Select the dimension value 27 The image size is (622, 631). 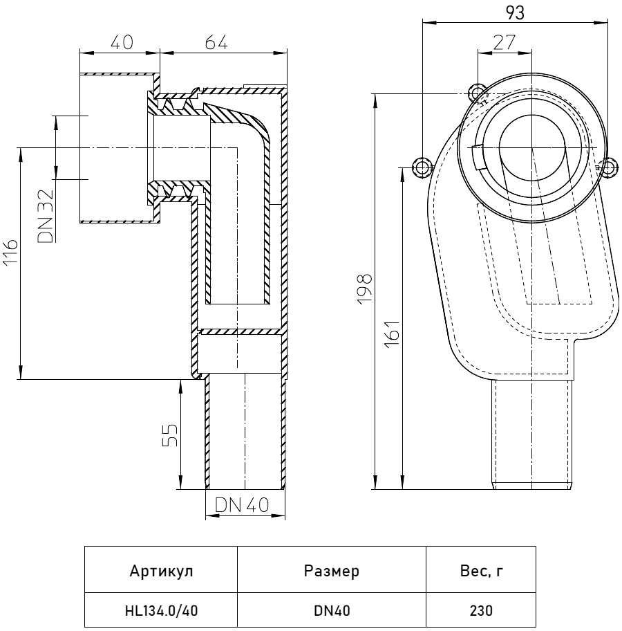505,42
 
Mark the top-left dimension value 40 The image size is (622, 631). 121,42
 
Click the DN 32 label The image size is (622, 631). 46,217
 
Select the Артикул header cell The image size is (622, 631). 161,571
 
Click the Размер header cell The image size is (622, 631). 331,571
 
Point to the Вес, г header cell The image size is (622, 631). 480,571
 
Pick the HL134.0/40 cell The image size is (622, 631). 161,611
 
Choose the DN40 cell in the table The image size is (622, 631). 331,611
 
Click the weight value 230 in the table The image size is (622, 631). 480,611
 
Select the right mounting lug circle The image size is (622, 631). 608,166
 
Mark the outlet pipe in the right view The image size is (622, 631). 532,436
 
